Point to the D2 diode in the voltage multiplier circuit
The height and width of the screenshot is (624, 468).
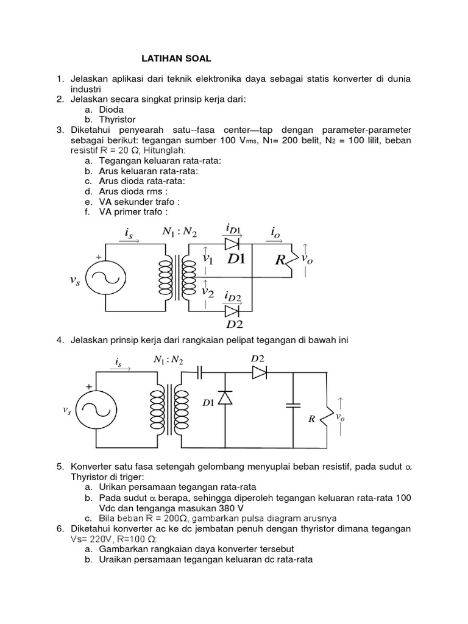coord(260,372)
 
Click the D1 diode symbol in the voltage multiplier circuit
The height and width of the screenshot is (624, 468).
coord(225,398)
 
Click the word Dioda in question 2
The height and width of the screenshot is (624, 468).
coord(111,109)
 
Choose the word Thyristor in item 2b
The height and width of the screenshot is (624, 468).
coord(117,119)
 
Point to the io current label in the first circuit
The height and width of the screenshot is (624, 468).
coord(276,232)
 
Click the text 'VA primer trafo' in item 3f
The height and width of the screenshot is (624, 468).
coord(132,212)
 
